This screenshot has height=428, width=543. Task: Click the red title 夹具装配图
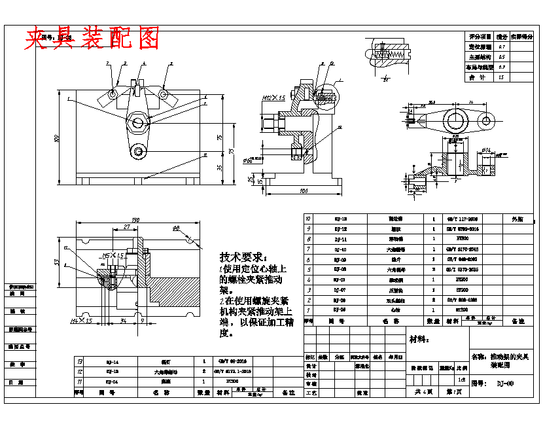coord(92,39)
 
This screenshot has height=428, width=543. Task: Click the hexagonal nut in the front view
coord(138,122)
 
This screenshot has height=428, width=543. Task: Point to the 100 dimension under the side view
coord(303,190)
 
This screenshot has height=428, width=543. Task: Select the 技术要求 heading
coord(243,257)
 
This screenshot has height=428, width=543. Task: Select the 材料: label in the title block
coord(418,339)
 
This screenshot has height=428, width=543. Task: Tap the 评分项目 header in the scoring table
coord(479,37)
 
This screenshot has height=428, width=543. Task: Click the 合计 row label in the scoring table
coord(479,77)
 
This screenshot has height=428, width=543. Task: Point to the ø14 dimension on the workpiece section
coord(488,151)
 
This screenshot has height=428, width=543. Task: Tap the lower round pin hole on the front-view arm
coord(138,152)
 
